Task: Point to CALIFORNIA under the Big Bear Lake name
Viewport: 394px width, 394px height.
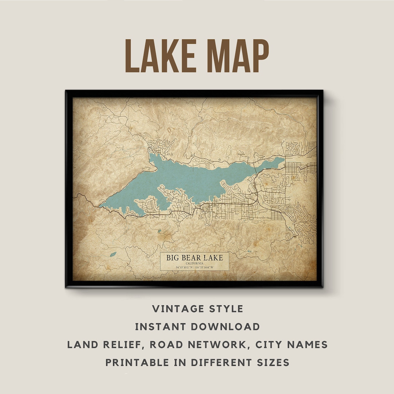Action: point(194,263)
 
